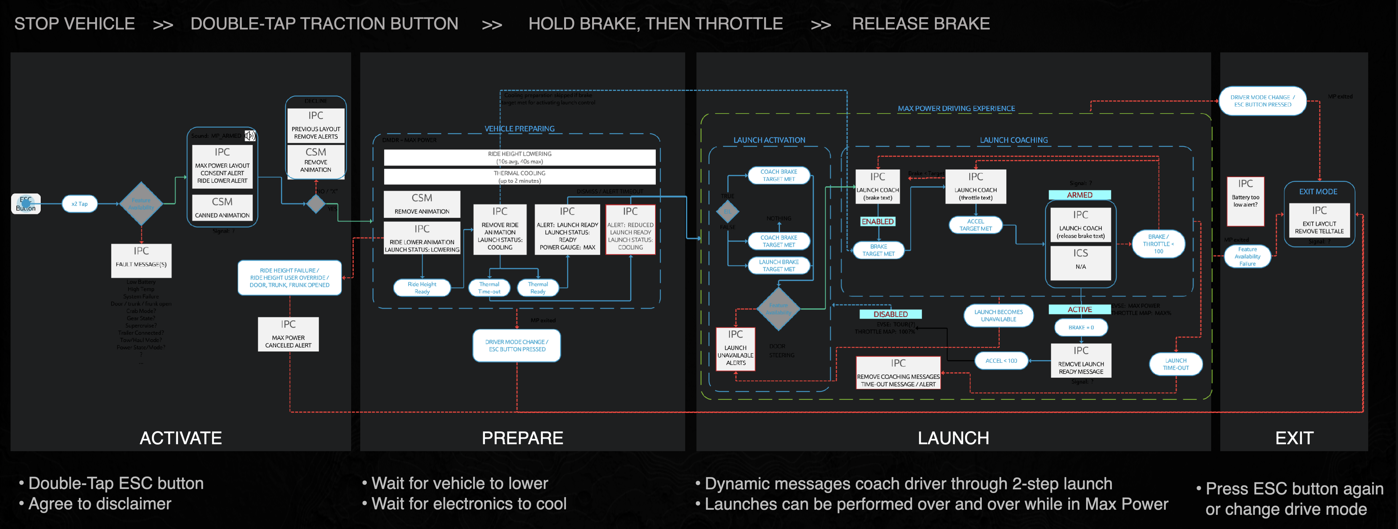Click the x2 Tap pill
click(79, 204)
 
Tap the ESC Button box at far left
click(25, 204)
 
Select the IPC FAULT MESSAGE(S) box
click(141, 260)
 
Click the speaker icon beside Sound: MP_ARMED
click(250, 135)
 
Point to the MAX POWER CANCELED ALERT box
click(288, 334)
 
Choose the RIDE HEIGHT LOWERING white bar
click(519, 158)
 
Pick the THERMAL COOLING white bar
click(519, 176)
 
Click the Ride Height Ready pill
click(422, 288)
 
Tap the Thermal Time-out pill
click(489, 288)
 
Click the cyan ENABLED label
click(877, 222)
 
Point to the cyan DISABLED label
click(891, 314)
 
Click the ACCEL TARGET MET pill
click(975, 225)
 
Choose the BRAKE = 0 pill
click(1081, 327)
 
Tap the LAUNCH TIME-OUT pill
click(1176, 364)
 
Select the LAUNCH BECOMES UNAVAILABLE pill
click(998, 315)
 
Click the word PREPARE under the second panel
click(522, 438)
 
